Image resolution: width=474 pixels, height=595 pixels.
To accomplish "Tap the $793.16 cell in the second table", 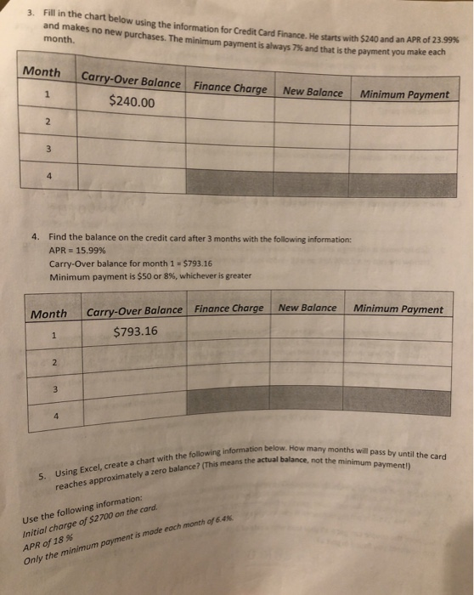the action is point(134,330).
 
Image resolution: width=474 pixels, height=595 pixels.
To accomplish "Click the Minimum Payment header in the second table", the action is point(398,309).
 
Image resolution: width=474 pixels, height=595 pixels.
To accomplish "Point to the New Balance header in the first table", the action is point(313,90).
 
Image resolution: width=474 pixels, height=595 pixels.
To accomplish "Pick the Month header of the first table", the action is point(42,72).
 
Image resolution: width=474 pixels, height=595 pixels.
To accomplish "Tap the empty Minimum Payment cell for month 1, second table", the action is point(398,332).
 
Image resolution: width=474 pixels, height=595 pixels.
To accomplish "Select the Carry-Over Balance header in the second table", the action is point(134,309).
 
